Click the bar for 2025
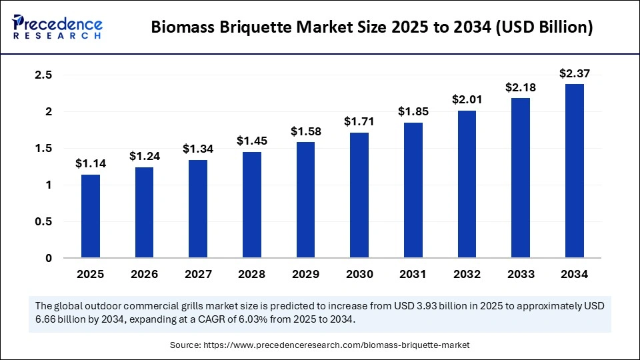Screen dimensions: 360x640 point(91,216)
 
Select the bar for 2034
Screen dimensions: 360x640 point(575,171)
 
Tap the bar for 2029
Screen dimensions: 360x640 point(306,200)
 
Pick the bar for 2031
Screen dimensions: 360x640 point(413,190)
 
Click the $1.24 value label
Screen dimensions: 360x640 point(144,156)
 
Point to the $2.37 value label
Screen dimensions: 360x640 point(575,73)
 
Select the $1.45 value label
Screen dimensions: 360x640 point(252,141)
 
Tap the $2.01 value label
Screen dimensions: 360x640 point(467,99)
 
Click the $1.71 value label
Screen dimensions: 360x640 point(359,121)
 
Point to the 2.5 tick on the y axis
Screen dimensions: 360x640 point(43,75)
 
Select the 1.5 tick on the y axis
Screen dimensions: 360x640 point(43,149)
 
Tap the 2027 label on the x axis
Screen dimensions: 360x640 point(198,274)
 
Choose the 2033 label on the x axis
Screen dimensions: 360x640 point(521,274)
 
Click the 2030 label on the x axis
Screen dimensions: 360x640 point(359,274)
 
